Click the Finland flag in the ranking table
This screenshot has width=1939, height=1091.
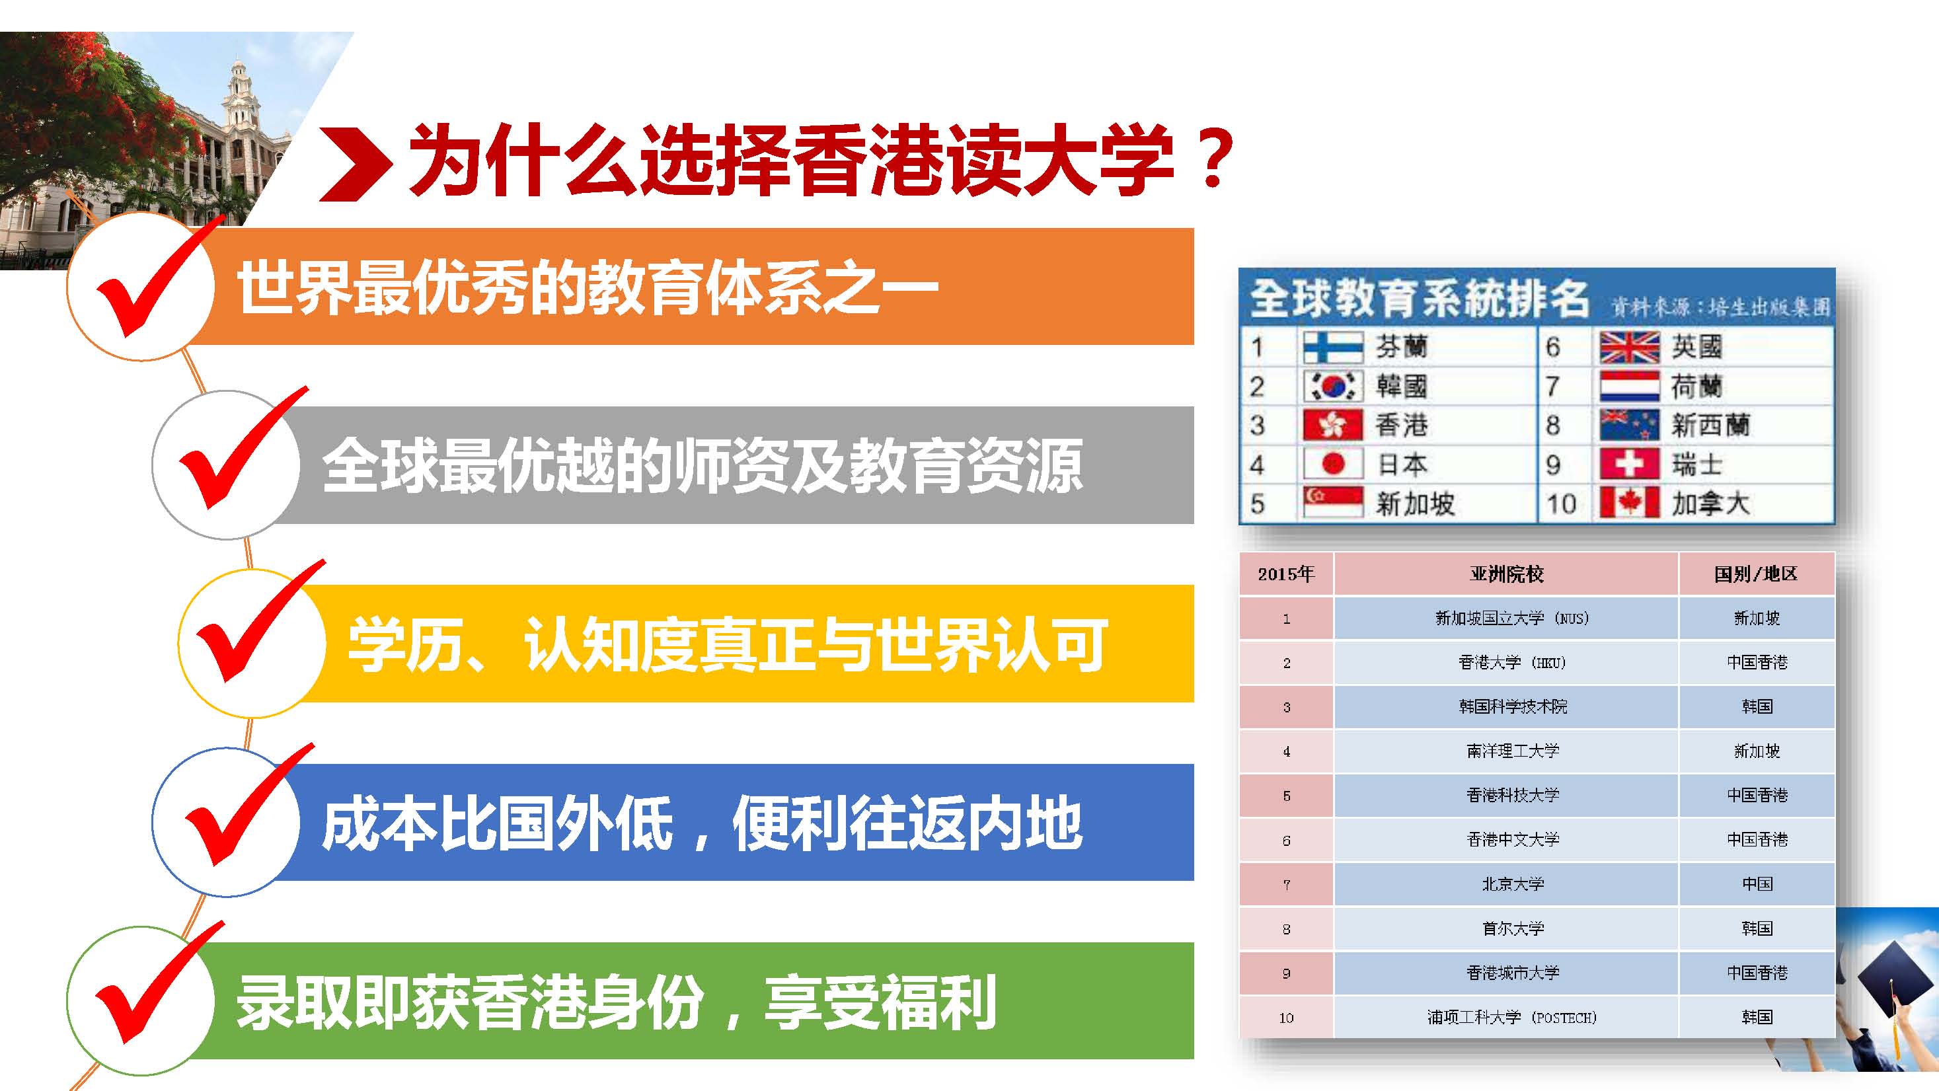(1333, 347)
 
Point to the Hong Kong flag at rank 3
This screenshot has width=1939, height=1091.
(1333, 425)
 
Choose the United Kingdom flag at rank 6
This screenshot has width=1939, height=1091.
(1630, 347)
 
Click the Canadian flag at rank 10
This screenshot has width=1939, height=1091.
(1630, 503)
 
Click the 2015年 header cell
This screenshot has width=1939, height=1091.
(1287, 574)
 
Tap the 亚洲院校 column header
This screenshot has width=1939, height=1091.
(1506, 574)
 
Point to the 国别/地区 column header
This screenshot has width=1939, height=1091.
(1757, 574)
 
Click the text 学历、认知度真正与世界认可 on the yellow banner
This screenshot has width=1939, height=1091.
(727, 644)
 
